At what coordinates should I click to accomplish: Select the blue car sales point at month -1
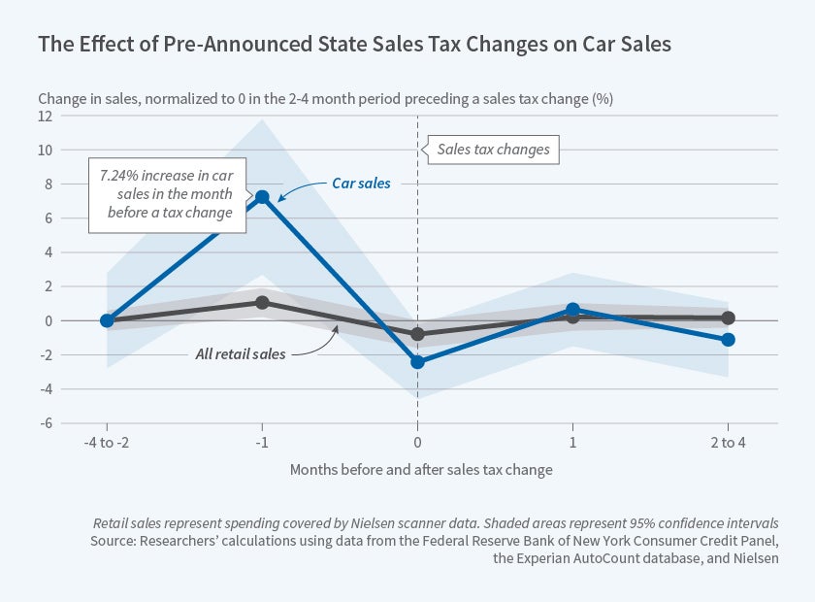(262, 197)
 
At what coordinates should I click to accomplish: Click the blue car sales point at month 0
(417, 361)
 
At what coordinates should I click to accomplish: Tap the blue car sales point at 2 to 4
(728, 339)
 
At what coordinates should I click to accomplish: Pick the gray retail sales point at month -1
(262, 302)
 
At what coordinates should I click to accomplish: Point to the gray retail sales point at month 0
(417, 333)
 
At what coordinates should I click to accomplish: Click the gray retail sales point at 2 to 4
(728, 318)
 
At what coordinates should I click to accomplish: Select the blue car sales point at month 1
(572, 310)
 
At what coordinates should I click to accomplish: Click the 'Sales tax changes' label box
(493, 150)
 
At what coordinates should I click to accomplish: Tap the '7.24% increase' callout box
(166, 195)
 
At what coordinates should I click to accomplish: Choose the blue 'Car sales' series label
(356, 182)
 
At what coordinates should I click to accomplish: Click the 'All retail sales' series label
(241, 353)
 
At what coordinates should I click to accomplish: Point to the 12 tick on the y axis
(44, 116)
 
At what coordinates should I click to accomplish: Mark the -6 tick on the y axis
(44, 423)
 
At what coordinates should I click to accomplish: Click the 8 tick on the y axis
(46, 184)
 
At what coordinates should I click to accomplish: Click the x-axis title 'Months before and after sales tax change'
(421, 470)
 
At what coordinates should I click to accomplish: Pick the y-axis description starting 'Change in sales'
(325, 98)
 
